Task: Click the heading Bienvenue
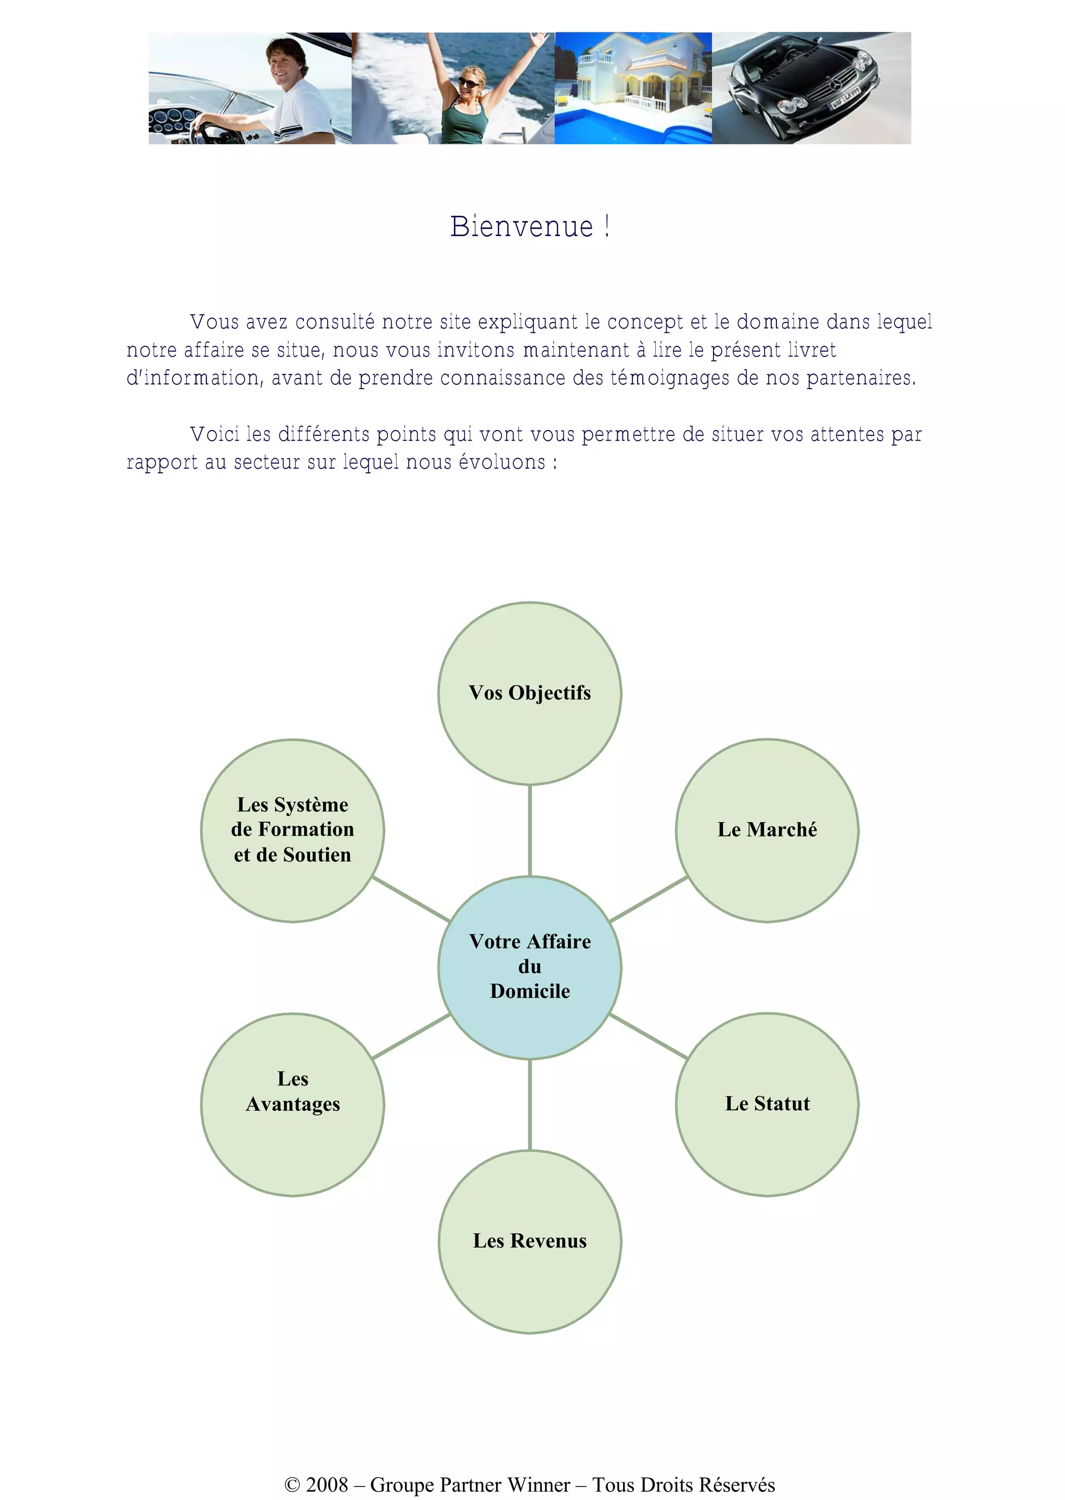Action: coord(530,226)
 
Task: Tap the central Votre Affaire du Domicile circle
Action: coord(530,967)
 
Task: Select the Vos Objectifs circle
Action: coord(530,693)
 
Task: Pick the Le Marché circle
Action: coord(767,830)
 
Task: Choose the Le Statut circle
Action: coord(767,1104)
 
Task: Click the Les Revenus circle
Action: coord(530,1241)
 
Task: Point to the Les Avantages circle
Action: coord(292,1104)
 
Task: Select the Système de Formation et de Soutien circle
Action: coord(292,830)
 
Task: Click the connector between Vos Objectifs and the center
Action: coord(530,830)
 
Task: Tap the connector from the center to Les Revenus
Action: coord(530,1105)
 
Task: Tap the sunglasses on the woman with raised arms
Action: coord(468,83)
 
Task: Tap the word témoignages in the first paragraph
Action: coord(670,379)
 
